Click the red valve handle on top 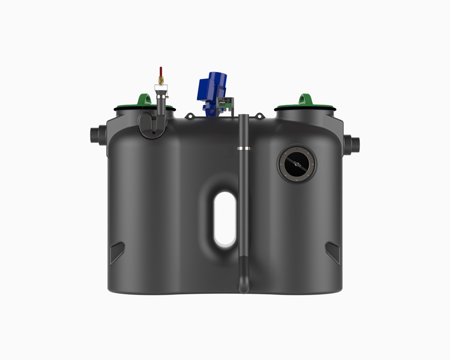point(161,72)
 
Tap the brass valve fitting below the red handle point(161,81)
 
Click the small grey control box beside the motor point(228,104)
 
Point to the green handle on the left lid point(143,99)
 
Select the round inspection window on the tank point(296,164)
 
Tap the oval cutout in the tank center point(225,218)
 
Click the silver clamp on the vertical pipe point(244,149)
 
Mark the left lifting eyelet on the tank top point(190,116)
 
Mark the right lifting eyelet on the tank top point(260,116)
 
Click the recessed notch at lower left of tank point(117,252)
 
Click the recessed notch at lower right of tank point(333,252)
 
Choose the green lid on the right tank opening point(305,107)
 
